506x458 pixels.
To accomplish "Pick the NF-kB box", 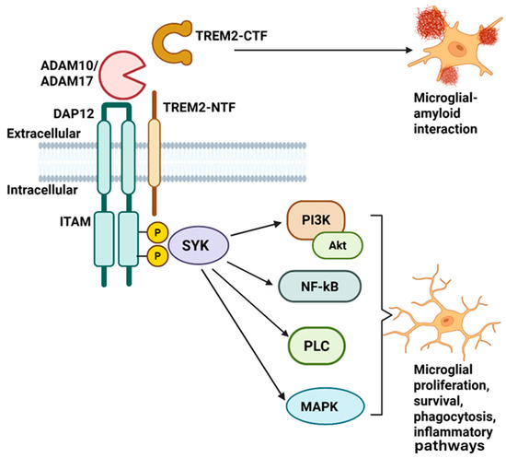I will tap(314, 295).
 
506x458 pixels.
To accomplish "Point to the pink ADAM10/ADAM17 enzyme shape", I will tap(130, 76).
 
